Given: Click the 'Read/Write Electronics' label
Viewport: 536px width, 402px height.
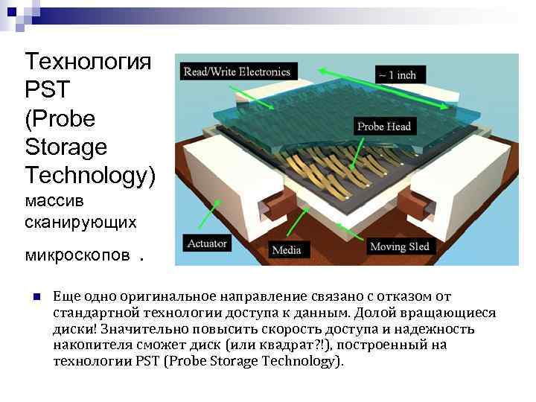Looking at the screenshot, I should coord(237,71).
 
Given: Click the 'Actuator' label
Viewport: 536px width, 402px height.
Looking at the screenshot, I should coord(207,243).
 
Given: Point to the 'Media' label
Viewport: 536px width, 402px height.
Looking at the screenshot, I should coord(287,249).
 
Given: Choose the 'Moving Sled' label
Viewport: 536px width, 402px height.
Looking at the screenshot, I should coord(399,246).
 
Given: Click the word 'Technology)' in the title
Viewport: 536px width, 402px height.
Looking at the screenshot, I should coord(90,174).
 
